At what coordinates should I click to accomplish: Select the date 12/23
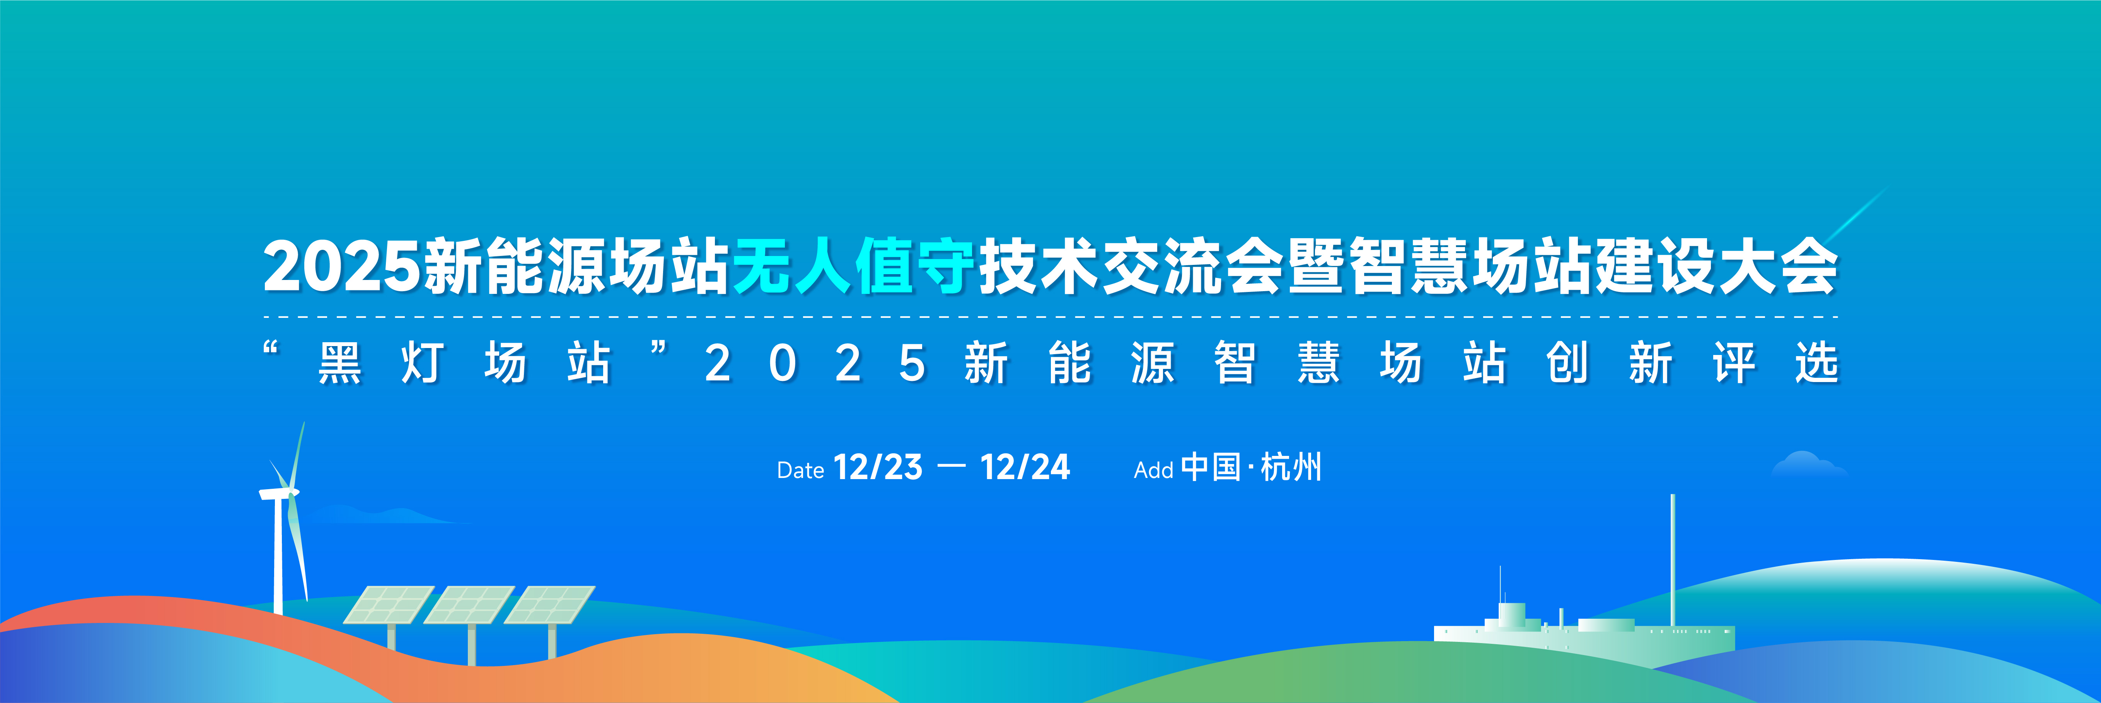click(878, 467)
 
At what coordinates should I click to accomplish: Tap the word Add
click(1153, 471)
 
